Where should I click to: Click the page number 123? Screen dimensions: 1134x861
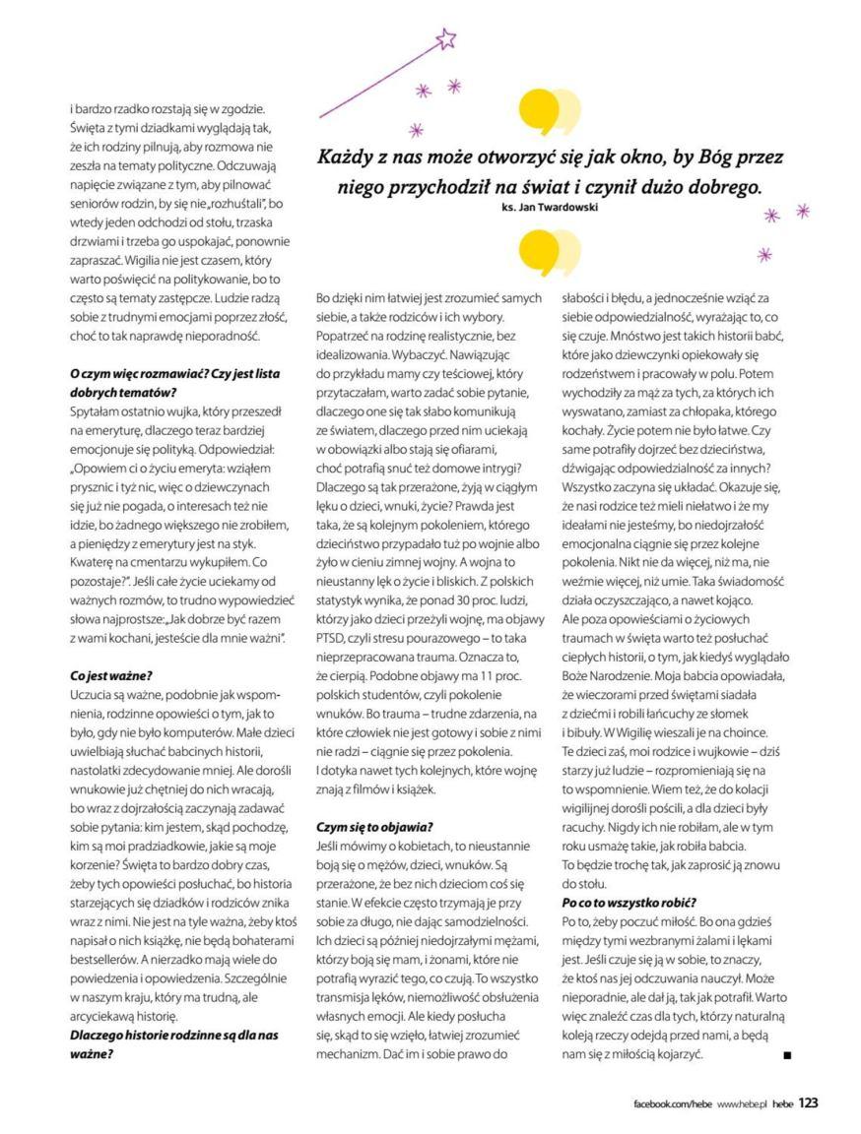coord(808,1103)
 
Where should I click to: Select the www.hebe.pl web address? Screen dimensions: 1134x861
coord(741,1104)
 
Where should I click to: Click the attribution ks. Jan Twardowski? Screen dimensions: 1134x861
coord(544,208)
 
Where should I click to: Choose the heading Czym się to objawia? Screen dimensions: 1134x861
coord(374,827)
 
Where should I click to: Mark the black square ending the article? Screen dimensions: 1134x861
coord(786,1055)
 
